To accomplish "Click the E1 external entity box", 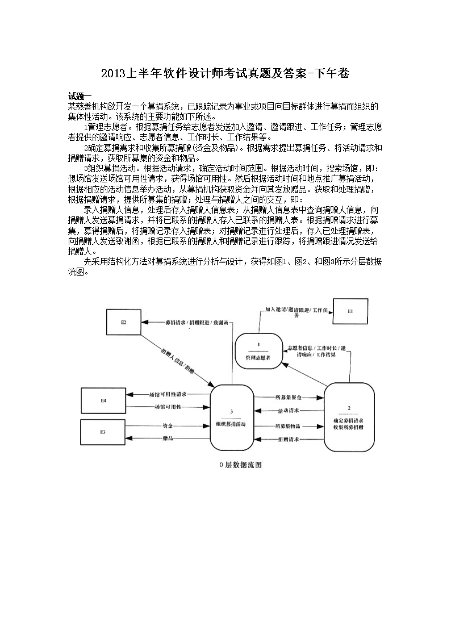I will [350, 312].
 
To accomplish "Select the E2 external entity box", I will [123, 322].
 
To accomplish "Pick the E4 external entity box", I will [103, 401].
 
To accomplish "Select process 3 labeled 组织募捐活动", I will [231, 418].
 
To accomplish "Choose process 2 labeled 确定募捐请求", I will [349, 418].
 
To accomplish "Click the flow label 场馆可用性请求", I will [167, 394].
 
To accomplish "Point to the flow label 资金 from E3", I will [168, 426].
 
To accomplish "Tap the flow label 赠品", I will [168, 438].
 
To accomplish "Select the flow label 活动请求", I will [288, 411].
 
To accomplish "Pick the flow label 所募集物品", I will [288, 426].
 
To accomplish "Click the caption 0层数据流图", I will [240, 464].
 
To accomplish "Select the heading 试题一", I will [80, 95].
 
